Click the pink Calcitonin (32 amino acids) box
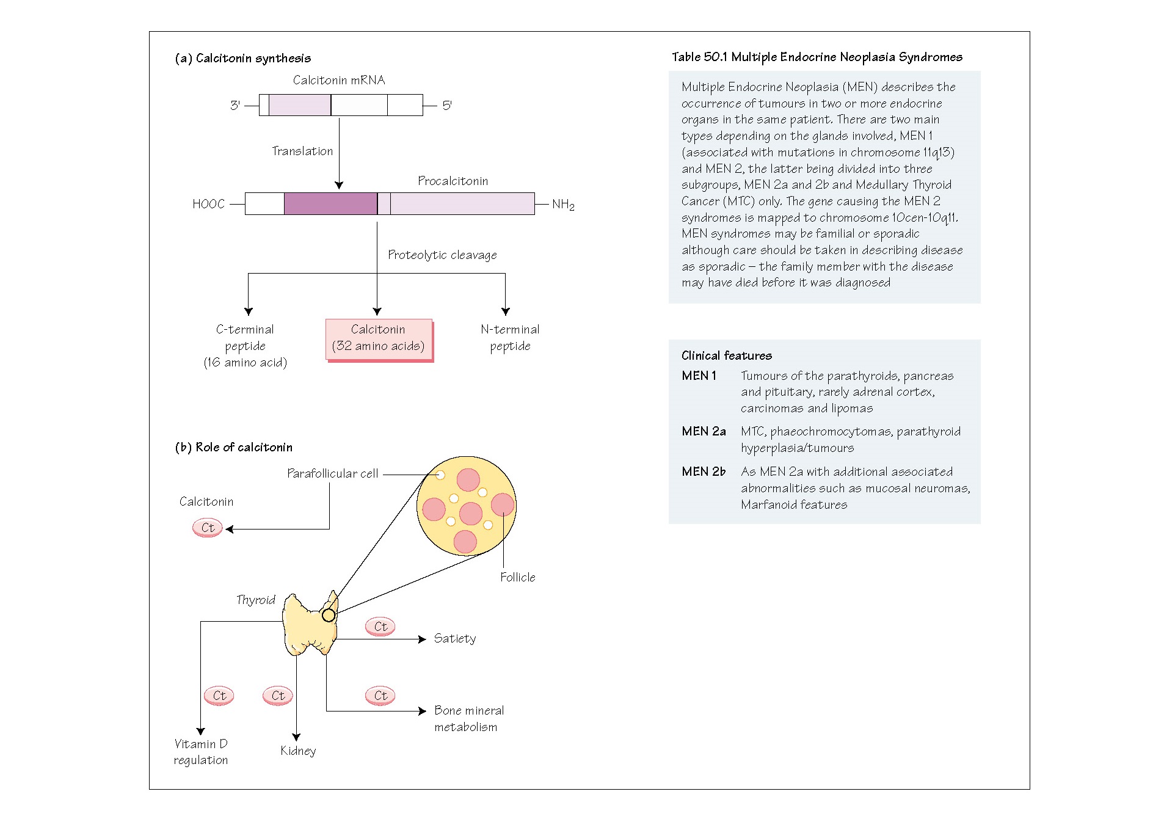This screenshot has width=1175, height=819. click(x=379, y=339)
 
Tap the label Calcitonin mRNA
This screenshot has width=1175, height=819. click(x=339, y=81)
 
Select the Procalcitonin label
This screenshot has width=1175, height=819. click(x=453, y=181)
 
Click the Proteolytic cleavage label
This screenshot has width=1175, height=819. click(x=442, y=255)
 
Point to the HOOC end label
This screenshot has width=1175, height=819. click(x=209, y=205)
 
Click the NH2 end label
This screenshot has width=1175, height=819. click(x=563, y=205)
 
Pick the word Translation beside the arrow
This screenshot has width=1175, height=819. click(x=302, y=151)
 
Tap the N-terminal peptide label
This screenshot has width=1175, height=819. click(x=510, y=338)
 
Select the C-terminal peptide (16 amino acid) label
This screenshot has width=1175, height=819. click(x=245, y=346)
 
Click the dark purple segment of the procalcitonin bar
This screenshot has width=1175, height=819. click(x=330, y=204)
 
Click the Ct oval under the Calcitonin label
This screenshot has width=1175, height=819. click(x=208, y=528)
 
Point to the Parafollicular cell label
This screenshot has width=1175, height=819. click(x=333, y=474)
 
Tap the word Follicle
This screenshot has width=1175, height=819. click(x=518, y=578)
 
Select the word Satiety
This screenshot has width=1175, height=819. click(x=455, y=639)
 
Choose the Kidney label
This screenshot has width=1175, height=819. click(x=298, y=751)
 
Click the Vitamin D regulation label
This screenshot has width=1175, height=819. click(x=201, y=752)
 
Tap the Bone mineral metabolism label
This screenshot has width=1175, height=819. click(x=468, y=719)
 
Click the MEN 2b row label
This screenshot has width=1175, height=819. click(x=704, y=472)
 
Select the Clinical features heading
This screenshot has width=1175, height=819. click(x=727, y=356)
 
